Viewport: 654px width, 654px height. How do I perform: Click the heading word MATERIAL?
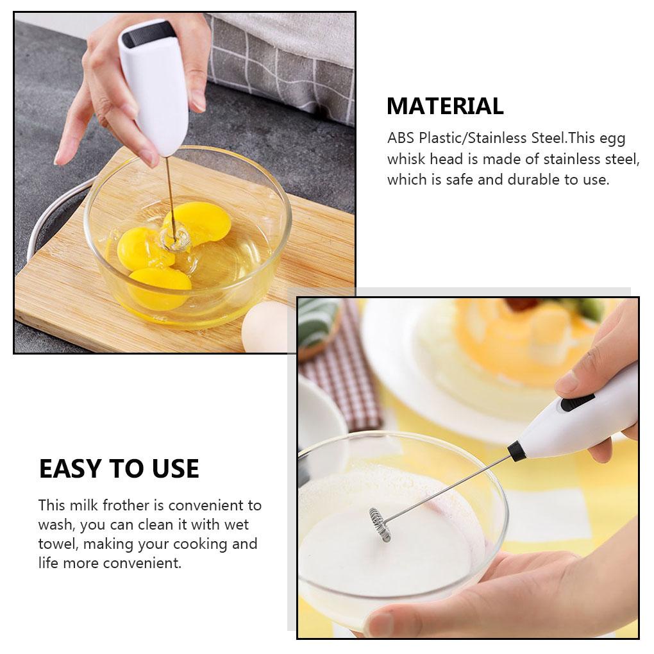(x=445, y=106)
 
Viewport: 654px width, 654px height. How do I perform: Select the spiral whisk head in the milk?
(x=380, y=524)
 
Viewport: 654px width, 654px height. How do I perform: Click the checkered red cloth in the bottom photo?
(x=340, y=372)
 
